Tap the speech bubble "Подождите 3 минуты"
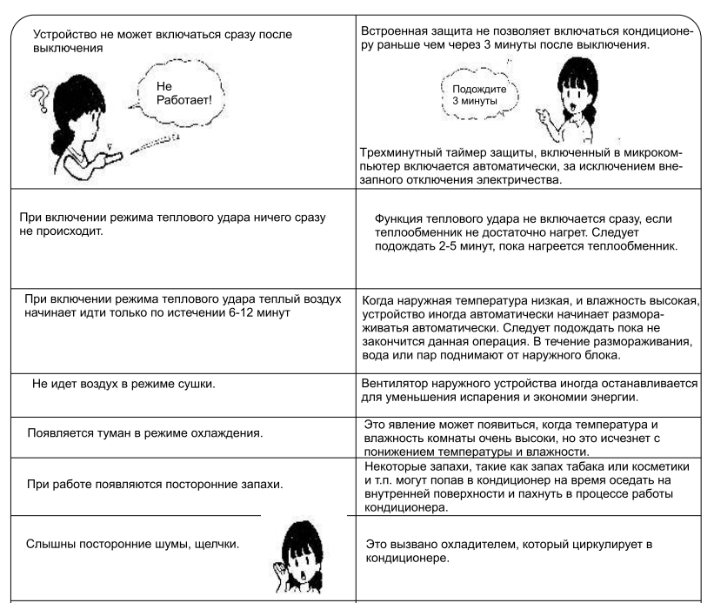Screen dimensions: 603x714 [473, 93]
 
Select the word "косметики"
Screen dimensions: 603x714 [671, 465]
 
